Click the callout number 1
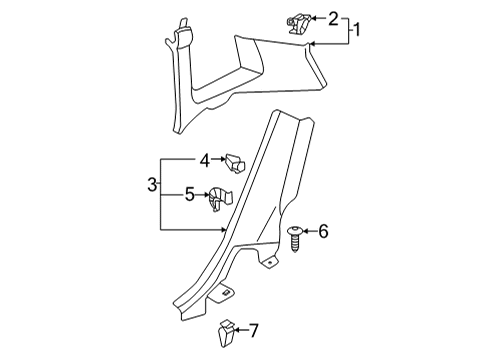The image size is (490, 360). pyautogui.click(x=357, y=30)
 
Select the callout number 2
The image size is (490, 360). pyautogui.click(x=333, y=19)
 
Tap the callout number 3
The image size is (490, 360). pyautogui.click(x=152, y=185)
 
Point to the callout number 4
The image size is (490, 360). pyautogui.click(x=205, y=160)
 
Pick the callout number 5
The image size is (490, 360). pyautogui.click(x=190, y=194)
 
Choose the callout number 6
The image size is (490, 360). pyautogui.click(x=323, y=231)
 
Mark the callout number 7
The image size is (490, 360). pyautogui.click(x=254, y=331)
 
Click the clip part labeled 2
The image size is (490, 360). pyautogui.click(x=298, y=23)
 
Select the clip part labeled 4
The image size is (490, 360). pyautogui.click(x=235, y=163)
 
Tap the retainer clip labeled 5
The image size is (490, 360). pyautogui.click(x=219, y=199)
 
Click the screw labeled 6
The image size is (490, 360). pyautogui.click(x=295, y=238)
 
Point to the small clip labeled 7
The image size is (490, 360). pyautogui.click(x=226, y=333)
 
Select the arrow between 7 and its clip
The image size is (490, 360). pyautogui.click(x=241, y=330)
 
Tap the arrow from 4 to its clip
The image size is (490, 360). pyautogui.click(x=219, y=159)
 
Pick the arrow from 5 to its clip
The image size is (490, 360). pyautogui.click(x=202, y=194)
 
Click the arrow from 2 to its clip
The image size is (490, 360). pyautogui.click(x=318, y=18)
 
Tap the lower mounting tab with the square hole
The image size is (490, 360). pyautogui.click(x=222, y=292)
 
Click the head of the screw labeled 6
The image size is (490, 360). pyautogui.click(x=295, y=230)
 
